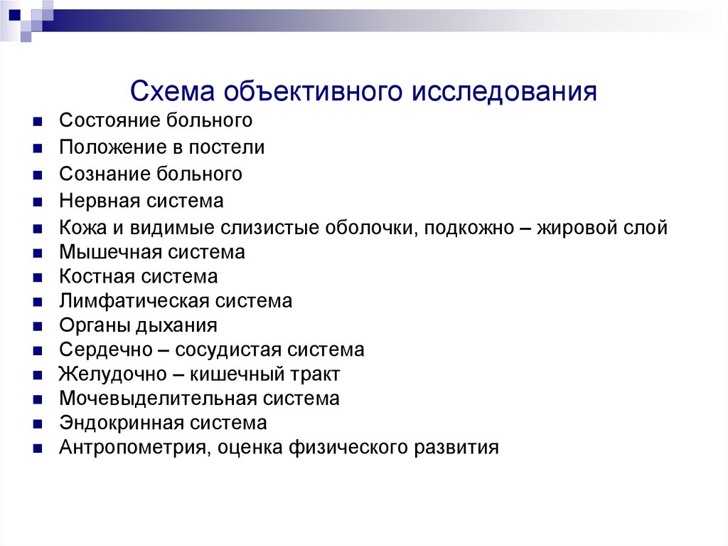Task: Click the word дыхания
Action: (x=178, y=325)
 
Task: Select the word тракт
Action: (x=314, y=374)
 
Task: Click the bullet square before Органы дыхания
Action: (x=38, y=327)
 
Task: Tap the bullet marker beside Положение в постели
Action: (x=38, y=149)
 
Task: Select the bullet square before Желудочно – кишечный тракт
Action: (x=38, y=375)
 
